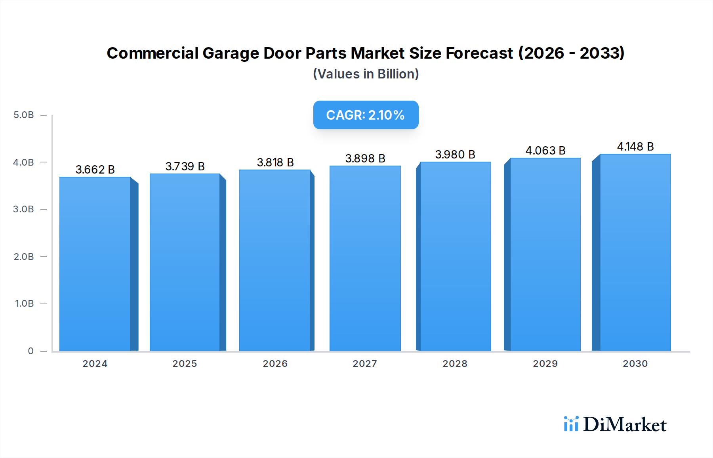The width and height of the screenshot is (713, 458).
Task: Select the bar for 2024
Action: pos(95,264)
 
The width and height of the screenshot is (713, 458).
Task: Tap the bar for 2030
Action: pos(635,252)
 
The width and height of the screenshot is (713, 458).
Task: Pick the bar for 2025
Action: pos(185,262)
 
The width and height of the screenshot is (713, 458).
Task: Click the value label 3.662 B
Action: pos(95,170)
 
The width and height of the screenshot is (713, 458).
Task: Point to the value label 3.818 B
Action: pos(275,162)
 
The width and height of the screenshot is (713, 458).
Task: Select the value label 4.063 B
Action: pos(545,151)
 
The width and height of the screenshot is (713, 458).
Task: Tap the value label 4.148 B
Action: pos(635,147)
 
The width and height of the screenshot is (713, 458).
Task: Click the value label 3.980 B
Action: pos(455,155)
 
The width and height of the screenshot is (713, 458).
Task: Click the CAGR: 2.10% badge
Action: pos(366,115)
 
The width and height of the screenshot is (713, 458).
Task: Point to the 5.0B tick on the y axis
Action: pos(24,115)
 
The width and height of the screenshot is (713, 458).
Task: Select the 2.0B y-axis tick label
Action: pos(24,257)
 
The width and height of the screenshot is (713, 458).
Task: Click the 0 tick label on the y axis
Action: pos(31,351)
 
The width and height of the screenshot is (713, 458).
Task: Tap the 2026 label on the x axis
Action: pos(275,364)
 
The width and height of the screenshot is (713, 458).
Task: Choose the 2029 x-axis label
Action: pos(545,364)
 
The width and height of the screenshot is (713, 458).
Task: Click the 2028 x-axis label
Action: pos(455,364)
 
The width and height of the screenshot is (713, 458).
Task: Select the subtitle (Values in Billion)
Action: pos(366,74)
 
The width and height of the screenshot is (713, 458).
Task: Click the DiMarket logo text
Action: pos(625,425)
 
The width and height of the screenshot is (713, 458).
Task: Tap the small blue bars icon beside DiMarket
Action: pos(571,424)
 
